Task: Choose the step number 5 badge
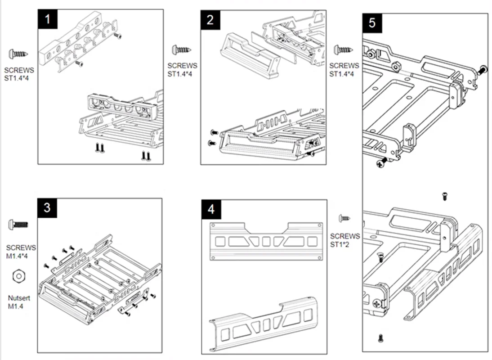pos(372,23)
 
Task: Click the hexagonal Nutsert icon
pos(18,275)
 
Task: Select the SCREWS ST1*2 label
pos(345,240)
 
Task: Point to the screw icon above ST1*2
pos(345,218)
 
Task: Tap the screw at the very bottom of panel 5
pos(381,337)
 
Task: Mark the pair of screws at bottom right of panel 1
pos(146,156)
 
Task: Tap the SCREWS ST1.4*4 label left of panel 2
pos(182,70)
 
